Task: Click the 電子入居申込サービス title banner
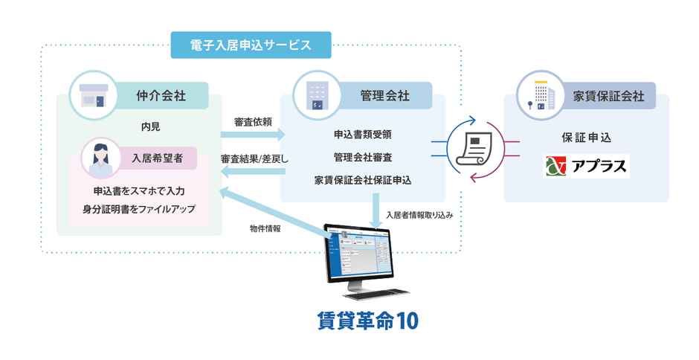click(x=251, y=45)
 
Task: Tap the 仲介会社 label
click(x=161, y=95)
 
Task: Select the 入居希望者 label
click(x=157, y=158)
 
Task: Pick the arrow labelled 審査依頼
click(x=254, y=135)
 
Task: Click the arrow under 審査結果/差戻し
click(x=254, y=173)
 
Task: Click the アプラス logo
click(x=586, y=165)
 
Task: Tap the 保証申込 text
click(x=586, y=138)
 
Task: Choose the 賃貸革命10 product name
click(x=367, y=321)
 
